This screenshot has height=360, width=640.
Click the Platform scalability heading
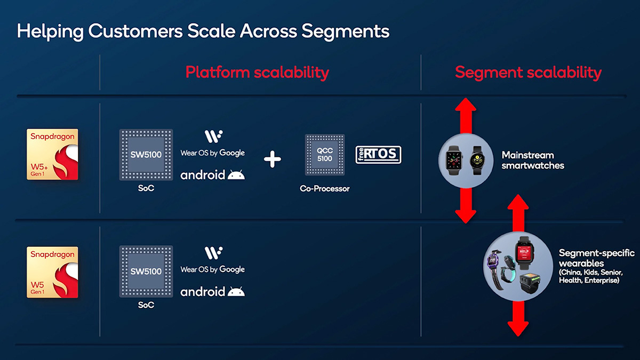[257, 73]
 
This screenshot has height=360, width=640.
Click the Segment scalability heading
[528, 73]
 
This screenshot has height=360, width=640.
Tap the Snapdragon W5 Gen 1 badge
[52, 272]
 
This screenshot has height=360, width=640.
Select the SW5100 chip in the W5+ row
[146, 155]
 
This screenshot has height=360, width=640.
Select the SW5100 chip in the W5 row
[146, 271]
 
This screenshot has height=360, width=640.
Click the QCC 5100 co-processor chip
[324, 155]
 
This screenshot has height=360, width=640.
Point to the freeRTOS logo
[378, 155]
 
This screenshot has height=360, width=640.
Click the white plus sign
[273, 158]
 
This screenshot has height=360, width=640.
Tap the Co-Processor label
[324, 189]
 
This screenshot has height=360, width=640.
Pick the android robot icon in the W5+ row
[236, 175]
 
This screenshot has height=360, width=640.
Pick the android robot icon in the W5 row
[236, 292]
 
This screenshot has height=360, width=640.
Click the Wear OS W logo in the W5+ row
[213, 136]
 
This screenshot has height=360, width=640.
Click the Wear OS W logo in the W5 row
[213, 253]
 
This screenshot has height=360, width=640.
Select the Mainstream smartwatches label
[532, 160]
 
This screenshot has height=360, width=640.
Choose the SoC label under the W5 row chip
[146, 305]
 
